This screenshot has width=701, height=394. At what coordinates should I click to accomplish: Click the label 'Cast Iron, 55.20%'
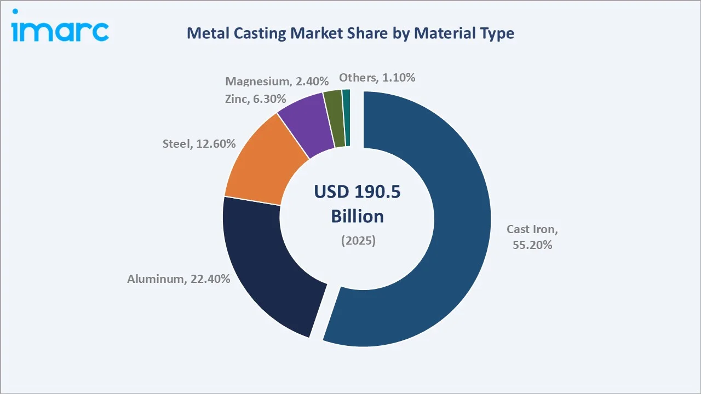(532, 237)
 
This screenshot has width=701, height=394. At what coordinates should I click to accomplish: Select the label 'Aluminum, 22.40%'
(179, 279)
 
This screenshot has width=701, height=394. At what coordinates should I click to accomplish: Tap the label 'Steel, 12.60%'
(199, 144)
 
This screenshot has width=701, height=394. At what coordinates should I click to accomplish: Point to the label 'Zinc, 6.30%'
(255, 99)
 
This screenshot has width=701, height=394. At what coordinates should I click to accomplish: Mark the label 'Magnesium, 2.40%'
(277, 82)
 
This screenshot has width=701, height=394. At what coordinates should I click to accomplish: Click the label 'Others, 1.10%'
(377, 78)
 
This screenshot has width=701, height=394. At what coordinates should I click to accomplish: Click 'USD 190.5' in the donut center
(357, 192)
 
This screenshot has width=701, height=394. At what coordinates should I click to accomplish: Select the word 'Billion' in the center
(357, 216)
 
